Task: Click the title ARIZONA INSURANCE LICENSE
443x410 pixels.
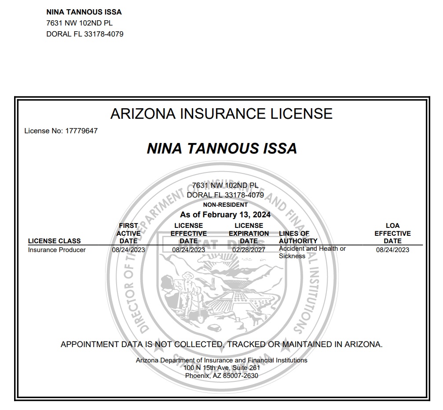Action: coord(221,113)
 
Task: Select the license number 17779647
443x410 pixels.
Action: coord(81,131)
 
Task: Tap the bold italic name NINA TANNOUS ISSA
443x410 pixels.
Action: coord(222,149)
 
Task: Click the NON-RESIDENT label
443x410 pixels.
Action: coord(225,205)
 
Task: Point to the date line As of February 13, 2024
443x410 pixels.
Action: coord(225,215)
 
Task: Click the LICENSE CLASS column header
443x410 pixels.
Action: coord(54,241)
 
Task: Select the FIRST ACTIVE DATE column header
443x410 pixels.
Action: coord(128,233)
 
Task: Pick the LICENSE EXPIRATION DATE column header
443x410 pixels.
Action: coord(249,233)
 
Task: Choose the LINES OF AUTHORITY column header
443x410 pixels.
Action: coord(298,237)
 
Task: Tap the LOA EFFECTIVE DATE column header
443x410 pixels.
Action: coord(392,233)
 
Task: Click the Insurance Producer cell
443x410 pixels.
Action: coord(57,250)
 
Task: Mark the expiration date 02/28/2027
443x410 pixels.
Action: coord(249,250)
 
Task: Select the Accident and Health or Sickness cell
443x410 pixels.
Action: coord(312,252)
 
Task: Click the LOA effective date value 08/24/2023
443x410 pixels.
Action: coord(392,250)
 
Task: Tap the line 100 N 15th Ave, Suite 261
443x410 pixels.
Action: coord(222,368)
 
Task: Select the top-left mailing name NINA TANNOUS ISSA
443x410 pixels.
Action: coord(84,12)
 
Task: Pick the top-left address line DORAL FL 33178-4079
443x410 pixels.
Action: coord(85,34)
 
